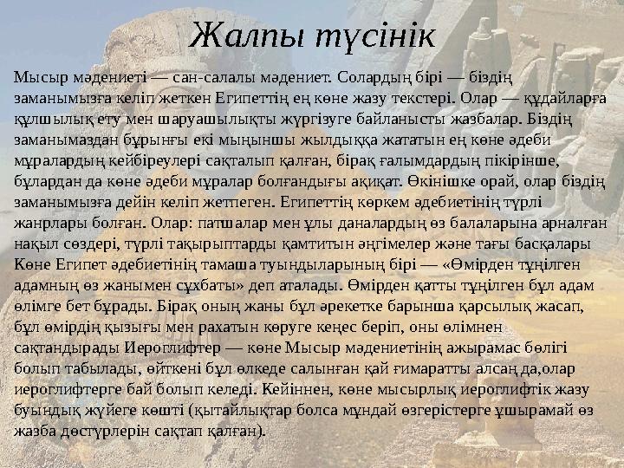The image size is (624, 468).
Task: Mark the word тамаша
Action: [231, 264]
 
